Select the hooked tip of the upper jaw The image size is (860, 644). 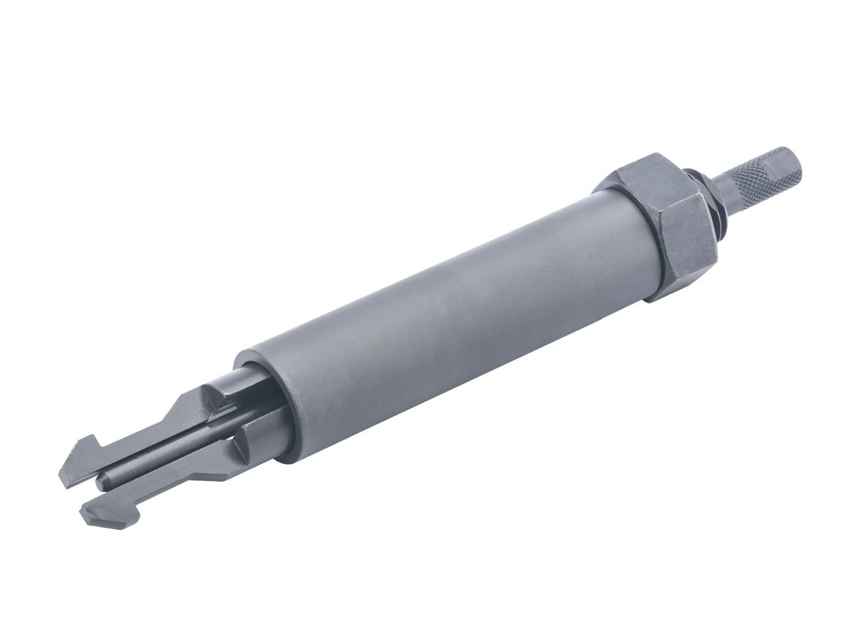79,459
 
